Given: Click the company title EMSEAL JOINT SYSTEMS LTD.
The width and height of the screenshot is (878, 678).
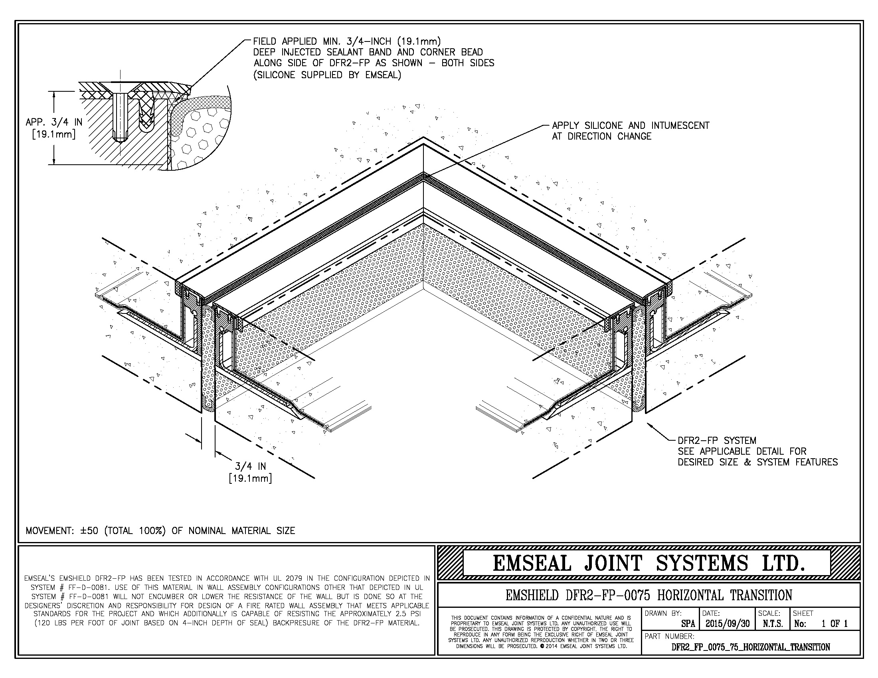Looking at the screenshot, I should (649, 563).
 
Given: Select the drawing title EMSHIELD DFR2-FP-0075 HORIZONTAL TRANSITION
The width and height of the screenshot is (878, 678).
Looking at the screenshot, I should (649, 595).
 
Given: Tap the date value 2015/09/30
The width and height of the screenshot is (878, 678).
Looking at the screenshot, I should (727, 624).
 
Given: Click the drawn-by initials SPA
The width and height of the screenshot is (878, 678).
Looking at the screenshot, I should (688, 624).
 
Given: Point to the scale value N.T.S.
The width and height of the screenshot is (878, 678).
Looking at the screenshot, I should (772, 624).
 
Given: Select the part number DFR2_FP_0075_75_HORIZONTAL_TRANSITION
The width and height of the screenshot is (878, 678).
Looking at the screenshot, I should (751, 647).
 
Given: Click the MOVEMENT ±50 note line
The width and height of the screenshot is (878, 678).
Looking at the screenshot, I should (160, 530).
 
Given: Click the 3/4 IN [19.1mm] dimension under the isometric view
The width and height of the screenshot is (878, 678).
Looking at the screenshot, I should (250, 472).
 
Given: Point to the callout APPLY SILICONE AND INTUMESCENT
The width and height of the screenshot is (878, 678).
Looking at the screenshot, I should (630, 126).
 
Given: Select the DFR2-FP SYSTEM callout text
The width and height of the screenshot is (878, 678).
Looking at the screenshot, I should (717, 441).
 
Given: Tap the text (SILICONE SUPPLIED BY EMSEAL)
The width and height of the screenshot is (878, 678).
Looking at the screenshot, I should (327, 75).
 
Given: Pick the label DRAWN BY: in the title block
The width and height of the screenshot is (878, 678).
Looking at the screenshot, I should (663, 613).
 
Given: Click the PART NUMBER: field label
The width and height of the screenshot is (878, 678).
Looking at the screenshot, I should (669, 636).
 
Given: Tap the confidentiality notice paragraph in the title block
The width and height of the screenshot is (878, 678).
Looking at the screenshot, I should (540, 632).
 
